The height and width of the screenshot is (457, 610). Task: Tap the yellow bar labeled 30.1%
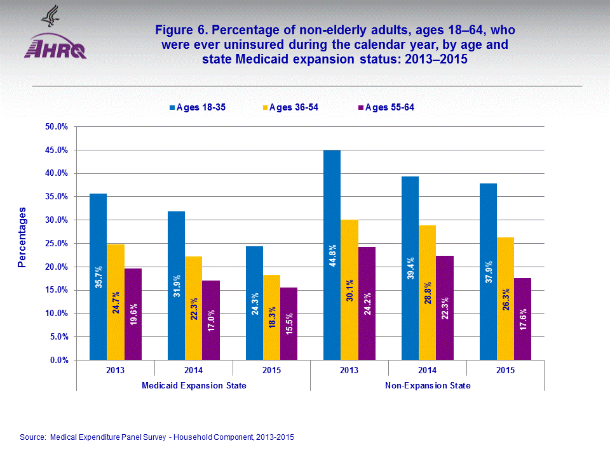[x=349, y=289]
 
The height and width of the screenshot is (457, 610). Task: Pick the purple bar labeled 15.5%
[x=288, y=324]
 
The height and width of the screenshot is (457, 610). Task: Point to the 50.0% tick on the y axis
[x=57, y=127]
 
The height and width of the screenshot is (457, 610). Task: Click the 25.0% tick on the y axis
[x=57, y=244]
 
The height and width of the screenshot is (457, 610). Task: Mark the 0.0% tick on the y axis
[x=59, y=360]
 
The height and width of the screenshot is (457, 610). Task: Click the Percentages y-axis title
[x=22, y=236]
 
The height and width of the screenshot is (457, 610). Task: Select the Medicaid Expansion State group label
[x=194, y=386]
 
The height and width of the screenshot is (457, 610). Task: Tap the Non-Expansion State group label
[x=428, y=386]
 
